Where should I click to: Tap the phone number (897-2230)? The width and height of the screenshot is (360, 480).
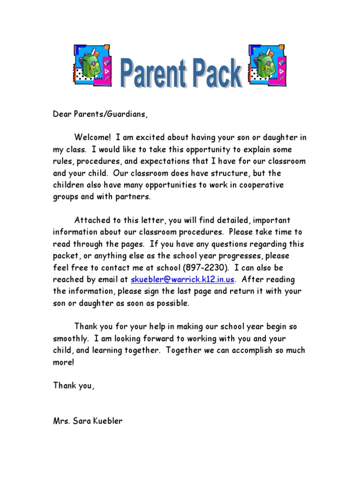click(207, 268)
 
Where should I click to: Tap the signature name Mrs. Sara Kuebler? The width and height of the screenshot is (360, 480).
click(88, 420)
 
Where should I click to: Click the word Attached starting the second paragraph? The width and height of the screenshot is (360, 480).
click(91, 220)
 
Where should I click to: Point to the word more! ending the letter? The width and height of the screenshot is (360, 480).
click(63, 362)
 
